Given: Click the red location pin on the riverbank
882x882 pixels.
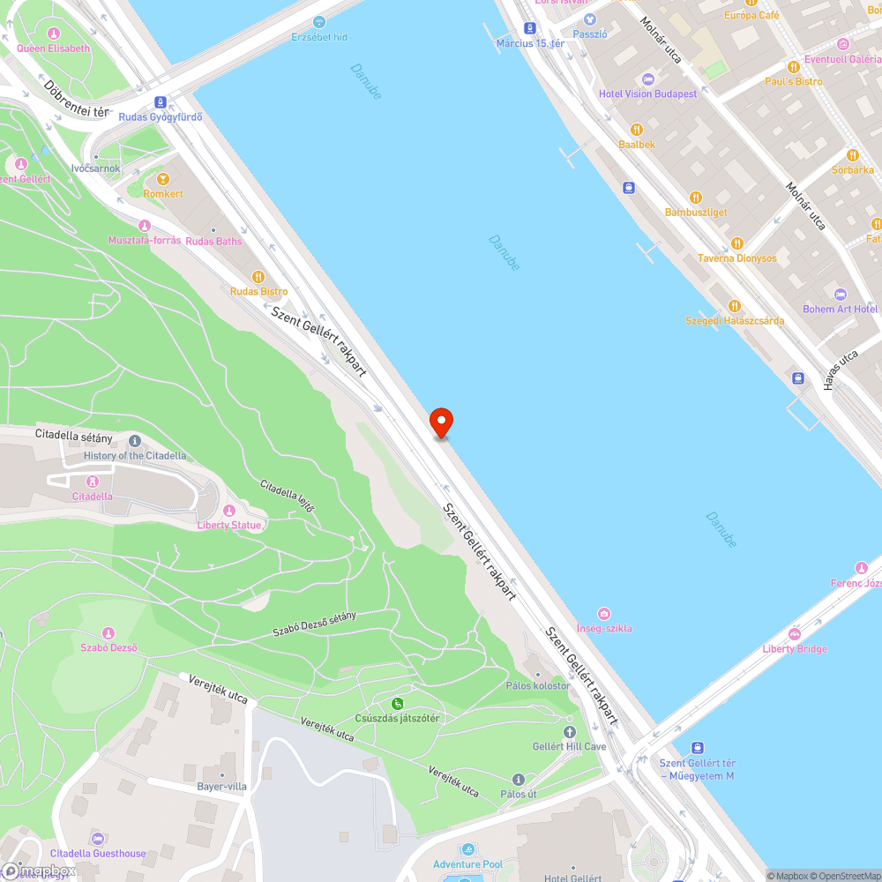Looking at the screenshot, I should (441, 422).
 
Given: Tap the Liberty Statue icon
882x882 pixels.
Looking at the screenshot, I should (229, 511).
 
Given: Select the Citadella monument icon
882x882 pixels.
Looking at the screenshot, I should (92, 482).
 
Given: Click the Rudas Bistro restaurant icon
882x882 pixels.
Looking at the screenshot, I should (258, 277).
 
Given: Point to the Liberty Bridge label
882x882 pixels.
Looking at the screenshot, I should (795, 649).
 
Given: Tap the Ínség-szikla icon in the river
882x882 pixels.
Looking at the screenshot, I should (604, 614).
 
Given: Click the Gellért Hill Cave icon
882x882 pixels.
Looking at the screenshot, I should (569, 732).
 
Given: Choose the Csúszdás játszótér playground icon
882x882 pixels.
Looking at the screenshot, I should (397, 704).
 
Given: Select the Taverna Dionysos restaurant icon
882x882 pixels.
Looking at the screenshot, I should (737, 243).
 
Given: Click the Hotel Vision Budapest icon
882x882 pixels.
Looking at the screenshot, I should (648, 79).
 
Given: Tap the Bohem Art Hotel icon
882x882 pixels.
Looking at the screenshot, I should (840, 295).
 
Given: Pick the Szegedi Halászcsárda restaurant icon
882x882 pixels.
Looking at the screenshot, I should (735, 306).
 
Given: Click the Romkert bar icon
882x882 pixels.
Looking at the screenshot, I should (162, 179).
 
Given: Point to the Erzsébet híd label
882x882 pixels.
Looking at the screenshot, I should (319, 37).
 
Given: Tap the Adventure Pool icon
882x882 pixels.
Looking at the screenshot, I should (467, 850).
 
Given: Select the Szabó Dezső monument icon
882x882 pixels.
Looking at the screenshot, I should (108, 633).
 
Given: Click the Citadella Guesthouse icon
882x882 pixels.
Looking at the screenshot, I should (98, 839).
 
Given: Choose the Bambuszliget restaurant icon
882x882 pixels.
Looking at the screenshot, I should (695, 198).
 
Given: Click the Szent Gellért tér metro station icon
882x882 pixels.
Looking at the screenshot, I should (698, 748).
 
